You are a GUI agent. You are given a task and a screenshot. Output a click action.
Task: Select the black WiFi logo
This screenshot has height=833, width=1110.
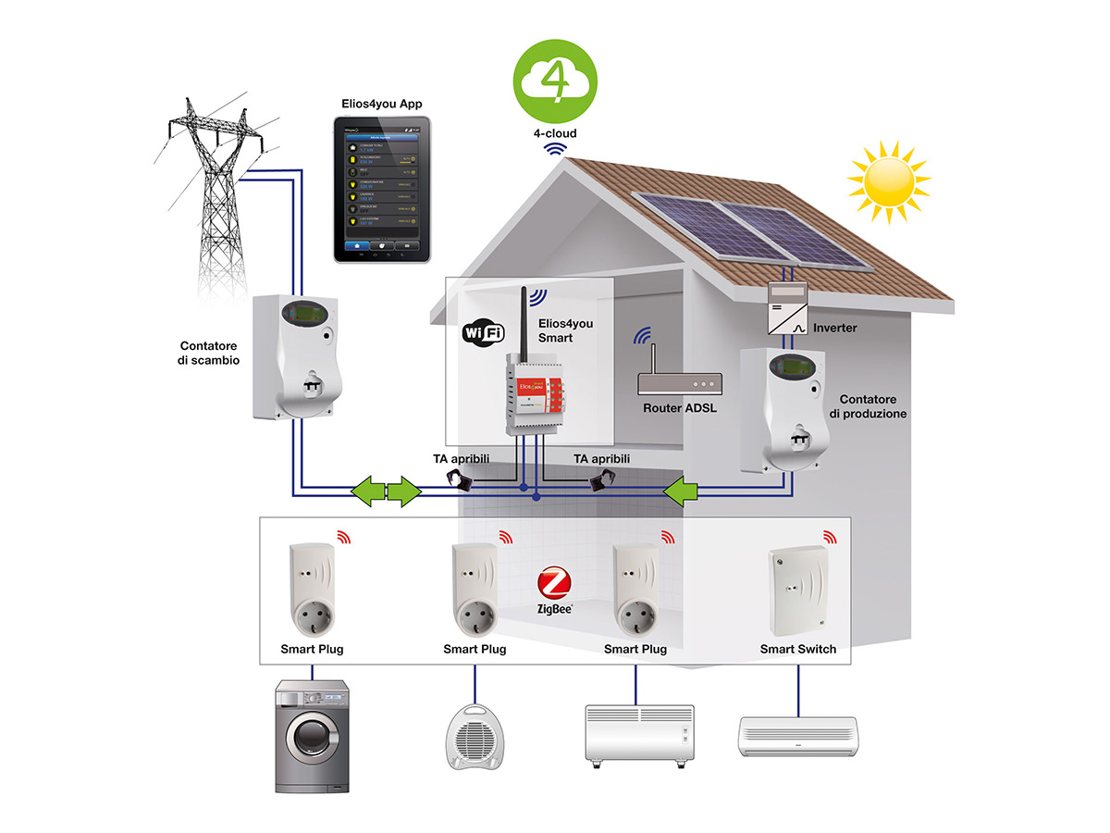click(482, 331)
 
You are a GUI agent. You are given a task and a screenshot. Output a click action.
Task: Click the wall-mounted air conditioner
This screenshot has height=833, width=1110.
click(797, 736)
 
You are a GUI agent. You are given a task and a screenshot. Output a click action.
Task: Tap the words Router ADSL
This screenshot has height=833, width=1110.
click(681, 408)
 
